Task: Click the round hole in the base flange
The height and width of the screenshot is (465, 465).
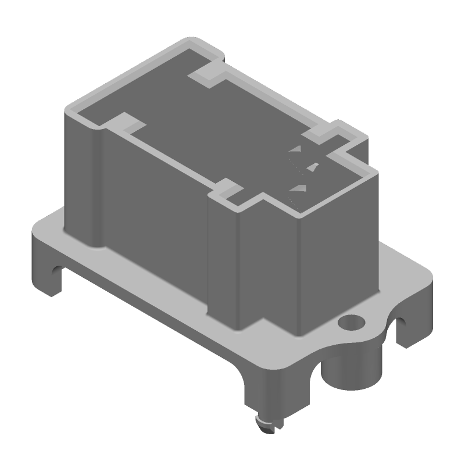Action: [x=351, y=321]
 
